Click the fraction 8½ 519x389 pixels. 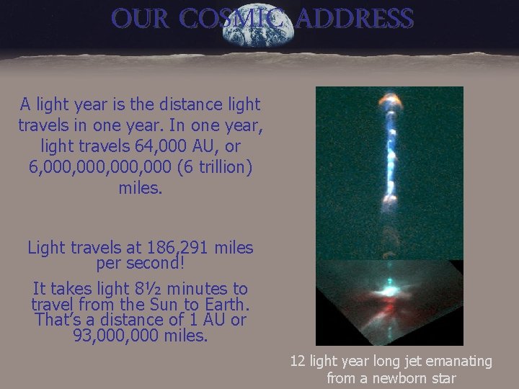[120, 289]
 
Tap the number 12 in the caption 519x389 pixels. [297, 361]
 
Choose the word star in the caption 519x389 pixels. [442, 377]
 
